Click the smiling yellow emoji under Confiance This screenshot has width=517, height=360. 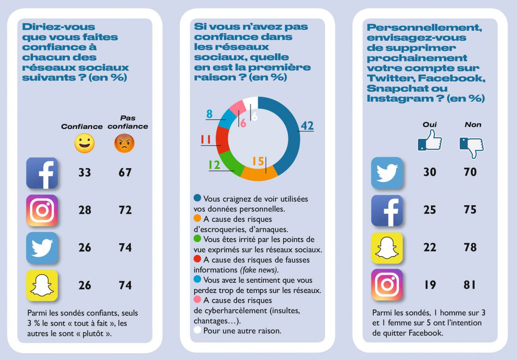84,144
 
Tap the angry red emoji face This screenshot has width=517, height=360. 125,144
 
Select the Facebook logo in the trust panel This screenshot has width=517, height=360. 42,173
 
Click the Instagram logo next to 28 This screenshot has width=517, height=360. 42,210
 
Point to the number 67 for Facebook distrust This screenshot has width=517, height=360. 125,173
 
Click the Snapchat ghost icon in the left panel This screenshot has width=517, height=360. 42,285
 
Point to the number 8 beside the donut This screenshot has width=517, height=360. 209,114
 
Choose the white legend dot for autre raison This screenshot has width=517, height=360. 197,331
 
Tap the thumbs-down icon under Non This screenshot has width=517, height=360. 472,147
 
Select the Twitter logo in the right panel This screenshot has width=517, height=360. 387,173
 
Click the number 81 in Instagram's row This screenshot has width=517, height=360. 470,285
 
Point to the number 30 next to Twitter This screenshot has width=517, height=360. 430,172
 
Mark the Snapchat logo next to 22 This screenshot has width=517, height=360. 387,248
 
